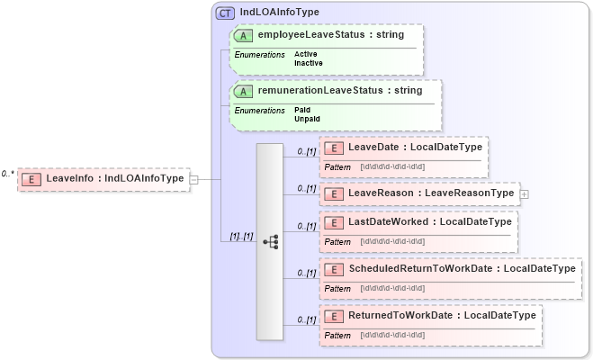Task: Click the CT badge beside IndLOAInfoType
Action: (225, 13)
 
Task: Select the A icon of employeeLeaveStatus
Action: (243, 34)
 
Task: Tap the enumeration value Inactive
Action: (309, 63)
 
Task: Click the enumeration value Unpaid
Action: (307, 119)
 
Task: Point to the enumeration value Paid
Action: (302, 110)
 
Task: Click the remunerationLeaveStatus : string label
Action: (340, 90)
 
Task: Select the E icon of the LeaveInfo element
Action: (31, 178)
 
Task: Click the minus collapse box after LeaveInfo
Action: (193, 179)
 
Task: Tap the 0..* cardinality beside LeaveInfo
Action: (8, 174)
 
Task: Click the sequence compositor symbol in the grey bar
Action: (270, 242)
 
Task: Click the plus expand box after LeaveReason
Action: (525, 193)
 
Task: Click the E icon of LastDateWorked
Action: (333, 221)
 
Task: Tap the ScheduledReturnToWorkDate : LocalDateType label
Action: (462, 268)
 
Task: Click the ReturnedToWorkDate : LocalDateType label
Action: (442, 315)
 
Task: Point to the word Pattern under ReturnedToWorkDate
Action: (337, 335)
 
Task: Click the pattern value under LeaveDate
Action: (392, 167)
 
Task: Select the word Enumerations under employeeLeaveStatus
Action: (259, 55)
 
